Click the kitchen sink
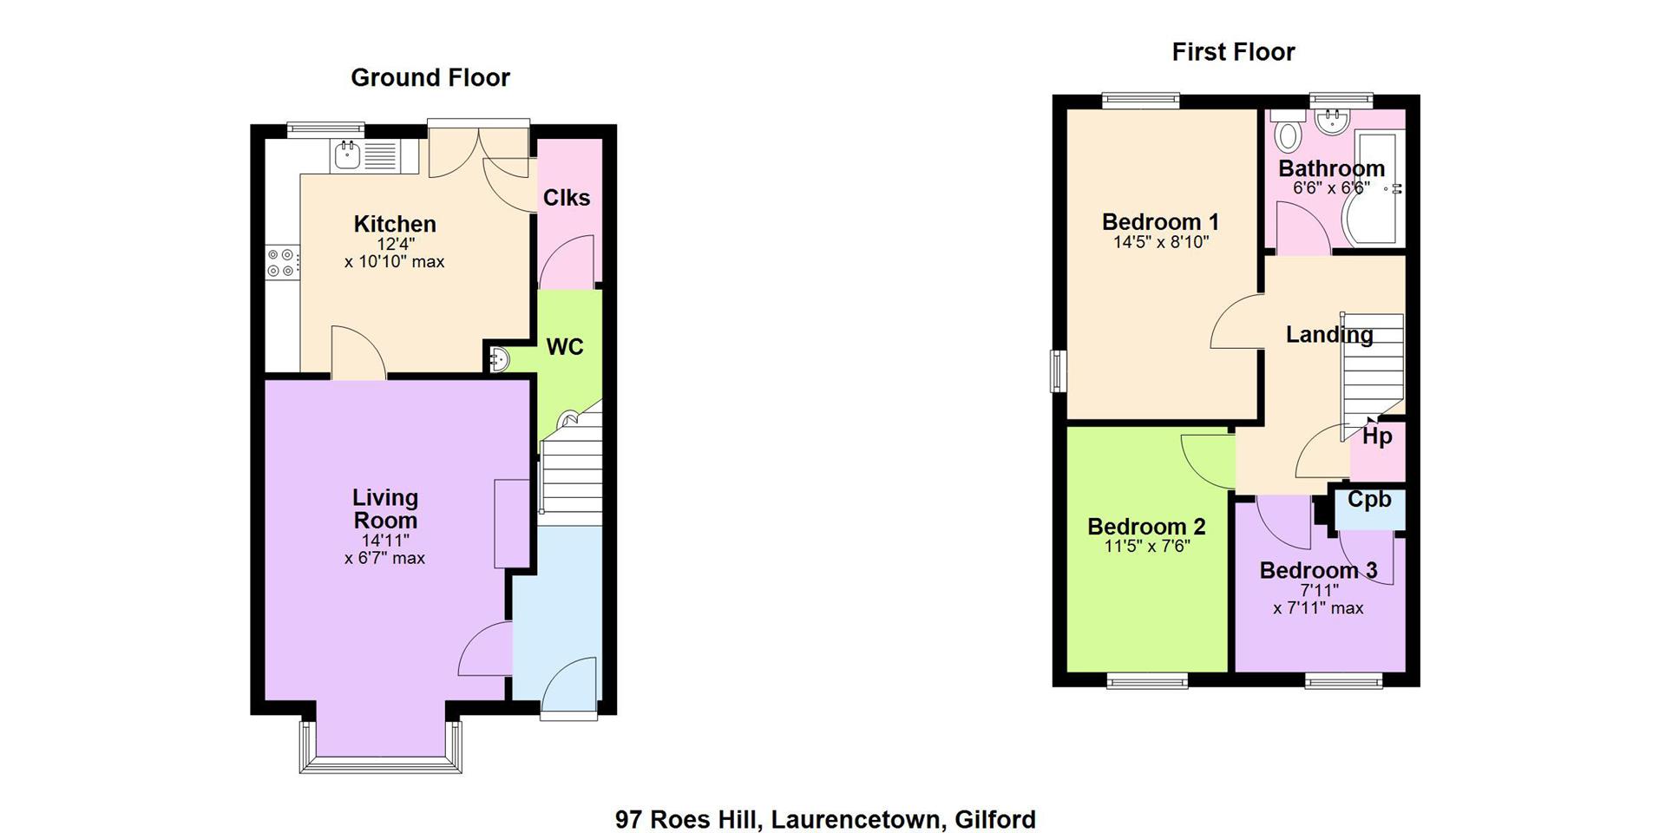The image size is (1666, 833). point(365,156)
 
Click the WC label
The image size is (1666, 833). point(565,347)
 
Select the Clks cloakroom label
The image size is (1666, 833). point(567,198)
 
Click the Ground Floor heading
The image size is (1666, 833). point(430,77)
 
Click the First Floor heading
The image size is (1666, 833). point(1233,52)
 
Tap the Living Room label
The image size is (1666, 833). point(385,509)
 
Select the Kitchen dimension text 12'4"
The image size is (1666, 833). point(396,245)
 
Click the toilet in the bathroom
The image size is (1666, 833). point(1289,133)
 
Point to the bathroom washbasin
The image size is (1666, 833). point(1328,121)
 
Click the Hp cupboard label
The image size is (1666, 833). point(1377,436)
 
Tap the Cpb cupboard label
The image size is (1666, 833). point(1369,500)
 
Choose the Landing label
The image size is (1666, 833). point(1329,335)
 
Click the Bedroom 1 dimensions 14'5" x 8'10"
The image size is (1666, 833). point(1161,242)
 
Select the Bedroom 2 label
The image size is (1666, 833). point(1146,527)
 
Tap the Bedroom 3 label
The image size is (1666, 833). point(1318,570)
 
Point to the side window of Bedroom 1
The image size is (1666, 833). point(1059,371)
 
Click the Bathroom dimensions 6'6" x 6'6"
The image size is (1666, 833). point(1331,187)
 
